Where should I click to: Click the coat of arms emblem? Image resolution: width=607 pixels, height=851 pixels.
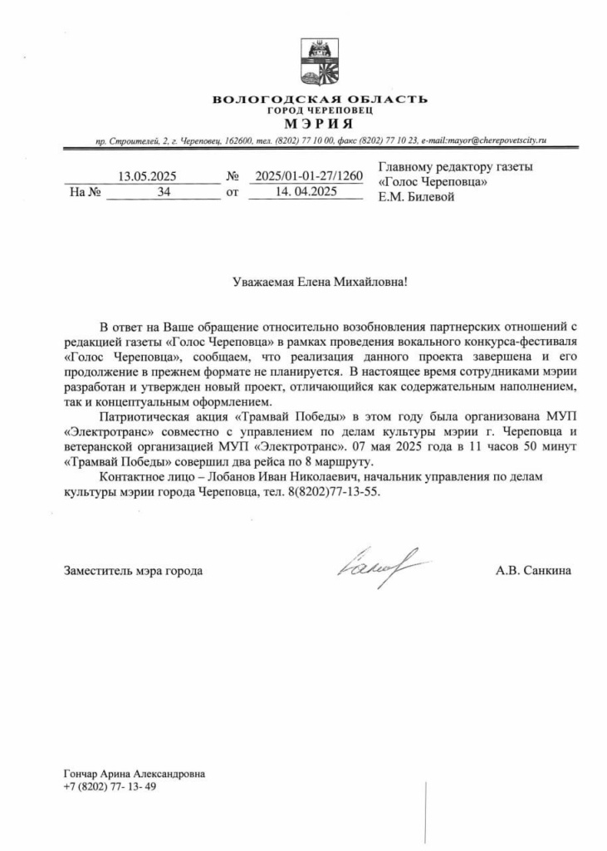coord(320,63)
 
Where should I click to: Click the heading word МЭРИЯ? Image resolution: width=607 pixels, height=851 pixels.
coord(320,124)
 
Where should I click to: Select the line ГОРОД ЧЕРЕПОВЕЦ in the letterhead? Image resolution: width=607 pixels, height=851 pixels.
coord(320,111)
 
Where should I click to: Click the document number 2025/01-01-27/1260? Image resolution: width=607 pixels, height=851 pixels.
coord(309,176)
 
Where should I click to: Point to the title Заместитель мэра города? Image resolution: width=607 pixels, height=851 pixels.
coord(133,571)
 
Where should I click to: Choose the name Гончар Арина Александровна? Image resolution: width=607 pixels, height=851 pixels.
coord(134,774)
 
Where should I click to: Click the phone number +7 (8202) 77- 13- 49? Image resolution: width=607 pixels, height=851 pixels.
coord(110,787)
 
